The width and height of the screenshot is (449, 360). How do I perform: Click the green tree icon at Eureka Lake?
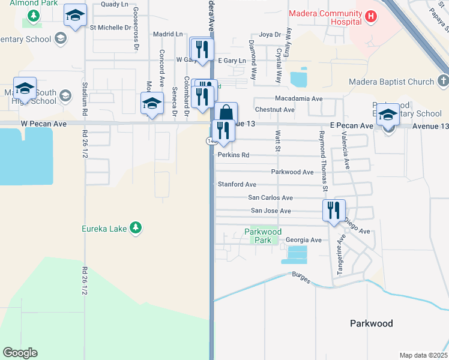(136, 227)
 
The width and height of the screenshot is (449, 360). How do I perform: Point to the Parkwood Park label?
(263, 236)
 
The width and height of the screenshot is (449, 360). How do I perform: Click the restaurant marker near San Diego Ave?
(333, 210)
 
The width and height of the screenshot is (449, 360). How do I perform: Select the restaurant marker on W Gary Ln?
(202, 49)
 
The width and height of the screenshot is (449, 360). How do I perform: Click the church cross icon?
(442, 81)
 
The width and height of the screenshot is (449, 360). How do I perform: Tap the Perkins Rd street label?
(233, 155)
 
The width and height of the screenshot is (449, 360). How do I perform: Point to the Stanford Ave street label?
(237, 185)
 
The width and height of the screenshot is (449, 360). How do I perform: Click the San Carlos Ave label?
(270, 198)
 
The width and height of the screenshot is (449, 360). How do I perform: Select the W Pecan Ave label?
(42, 123)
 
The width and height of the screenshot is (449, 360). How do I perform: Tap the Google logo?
(20, 353)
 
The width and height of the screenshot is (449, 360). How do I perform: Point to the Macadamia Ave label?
(298, 98)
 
